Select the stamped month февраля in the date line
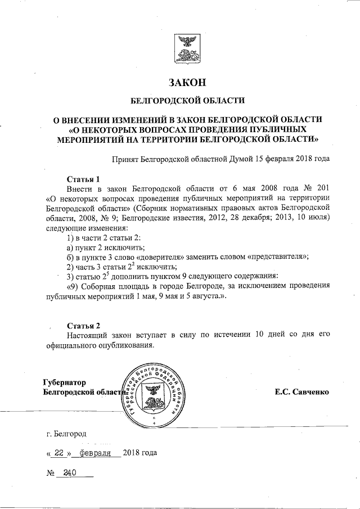pyautogui.click(x=96, y=453)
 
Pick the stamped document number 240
pyautogui.click(x=69, y=474)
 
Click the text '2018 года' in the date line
pyautogui.click(x=140, y=453)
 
